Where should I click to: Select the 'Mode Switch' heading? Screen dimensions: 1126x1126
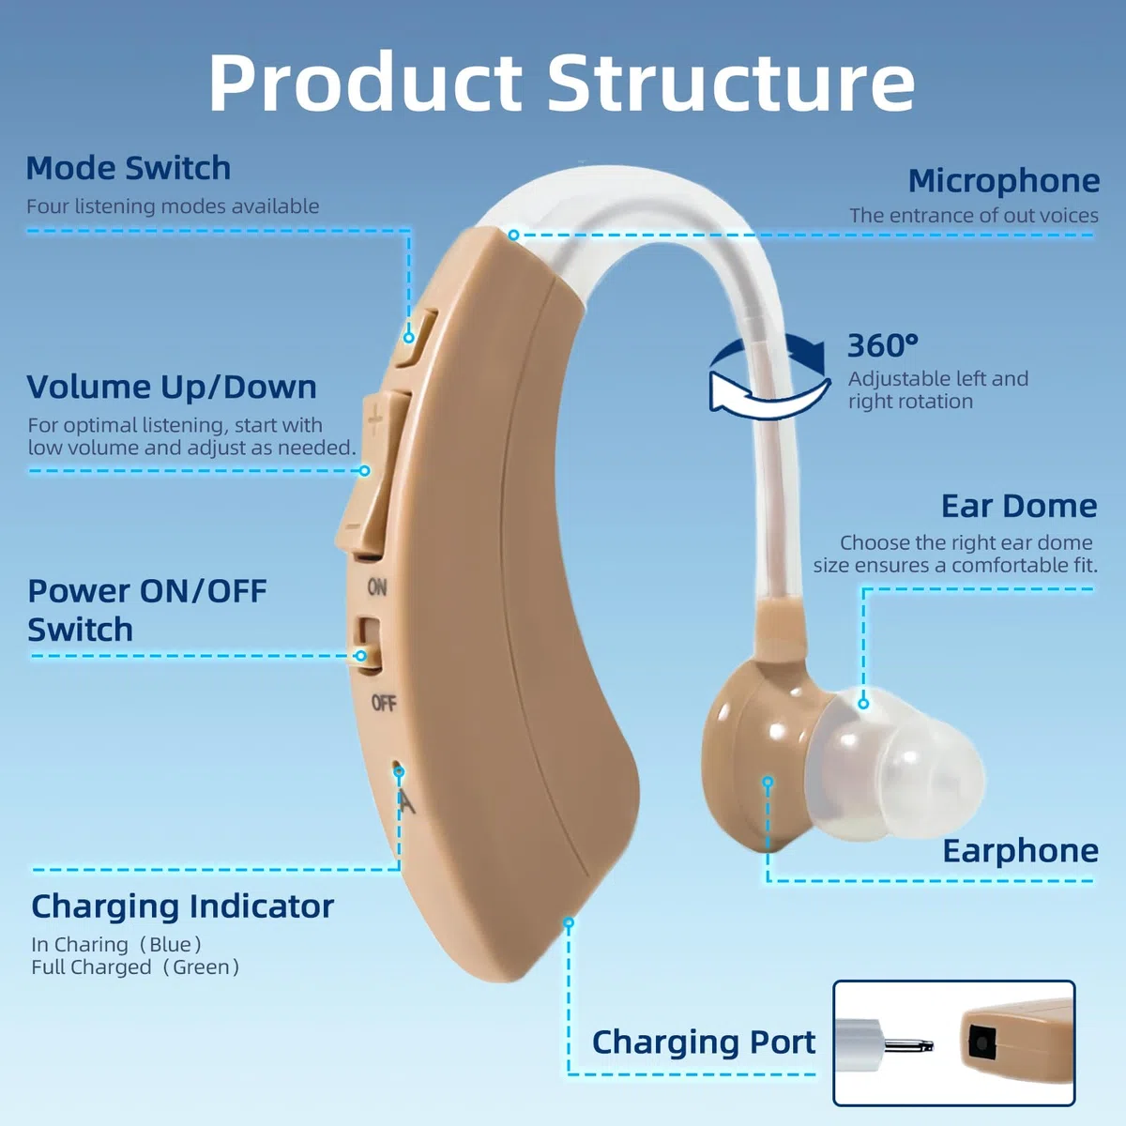(x=129, y=168)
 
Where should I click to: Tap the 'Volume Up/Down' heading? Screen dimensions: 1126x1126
(x=172, y=387)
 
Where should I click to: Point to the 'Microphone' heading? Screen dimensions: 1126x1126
(x=1003, y=180)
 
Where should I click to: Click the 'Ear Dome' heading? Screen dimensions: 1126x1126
(x=1019, y=506)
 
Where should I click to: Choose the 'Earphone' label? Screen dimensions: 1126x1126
(x=1020, y=851)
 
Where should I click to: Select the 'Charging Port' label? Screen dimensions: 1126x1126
(x=704, y=1043)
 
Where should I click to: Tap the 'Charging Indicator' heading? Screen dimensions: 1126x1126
(x=182, y=906)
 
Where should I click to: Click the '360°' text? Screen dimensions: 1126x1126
(x=882, y=345)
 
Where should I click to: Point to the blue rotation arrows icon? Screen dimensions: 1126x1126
(x=769, y=376)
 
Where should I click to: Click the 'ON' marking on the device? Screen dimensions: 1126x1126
(x=377, y=587)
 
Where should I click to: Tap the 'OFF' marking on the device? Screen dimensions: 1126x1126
(x=384, y=703)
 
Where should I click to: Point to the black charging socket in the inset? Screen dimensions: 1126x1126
(x=981, y=1043)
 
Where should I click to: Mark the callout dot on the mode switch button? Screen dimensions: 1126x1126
(x=409, y=338)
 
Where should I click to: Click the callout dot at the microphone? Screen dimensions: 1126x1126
(x=513, y=235)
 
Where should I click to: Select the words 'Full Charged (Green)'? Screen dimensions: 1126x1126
(x=135, y=967)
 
